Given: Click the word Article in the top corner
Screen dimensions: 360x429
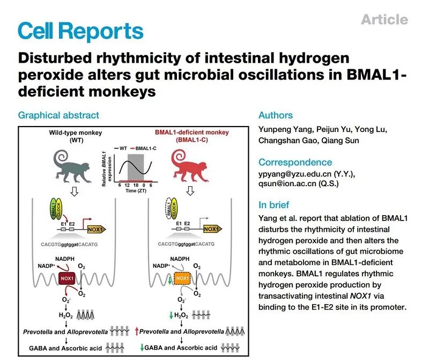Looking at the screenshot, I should click(x=384, y=20).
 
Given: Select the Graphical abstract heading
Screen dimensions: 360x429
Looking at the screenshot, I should click(x=58, y=115).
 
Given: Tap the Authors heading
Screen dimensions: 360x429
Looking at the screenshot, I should click(x=276, y=115).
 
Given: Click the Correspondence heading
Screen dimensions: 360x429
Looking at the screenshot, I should click(x=295, y=162).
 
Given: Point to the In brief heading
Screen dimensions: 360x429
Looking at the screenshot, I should click(x=273, y=204).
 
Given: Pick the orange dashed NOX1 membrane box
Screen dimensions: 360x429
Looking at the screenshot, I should click(x=182, y=280).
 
